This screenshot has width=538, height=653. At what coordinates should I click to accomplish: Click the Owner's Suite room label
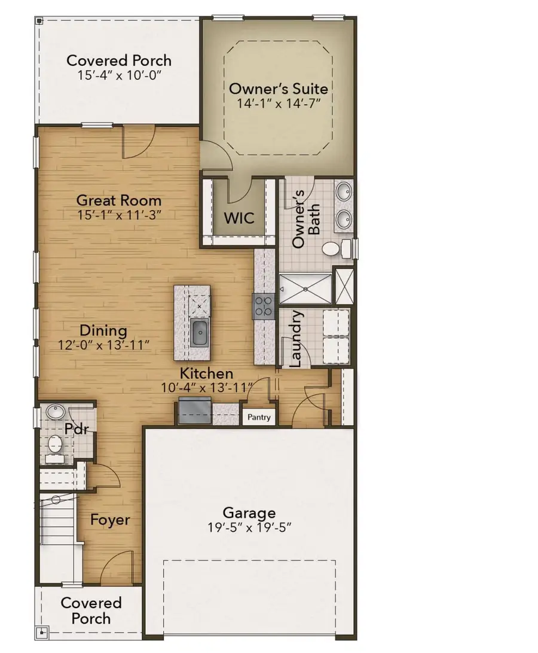[x=279, y=89]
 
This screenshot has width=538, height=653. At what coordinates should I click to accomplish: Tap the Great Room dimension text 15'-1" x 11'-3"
[x=119, y=215]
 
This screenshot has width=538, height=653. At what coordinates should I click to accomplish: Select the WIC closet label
[x=239, y=218]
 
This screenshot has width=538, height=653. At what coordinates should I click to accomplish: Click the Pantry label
[x=259, y=417]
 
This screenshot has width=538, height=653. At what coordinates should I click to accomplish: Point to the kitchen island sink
[x=200, y=332]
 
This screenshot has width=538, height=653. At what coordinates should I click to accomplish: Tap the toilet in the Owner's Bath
[x=335, y=249]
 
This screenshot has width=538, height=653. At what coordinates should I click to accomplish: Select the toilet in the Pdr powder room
[x=55, y=444]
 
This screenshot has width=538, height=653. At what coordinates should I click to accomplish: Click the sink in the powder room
[x=55, y=412]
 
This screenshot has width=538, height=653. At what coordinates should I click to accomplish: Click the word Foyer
[x=110, y=520]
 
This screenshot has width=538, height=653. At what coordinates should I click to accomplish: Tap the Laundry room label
[x=296, y=338]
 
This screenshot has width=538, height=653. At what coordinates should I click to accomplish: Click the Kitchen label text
[x=207, y=373]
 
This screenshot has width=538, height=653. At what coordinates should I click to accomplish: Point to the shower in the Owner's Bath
[x=305, y=289]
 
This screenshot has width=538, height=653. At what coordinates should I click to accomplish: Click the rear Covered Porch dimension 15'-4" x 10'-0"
[x=119, y=76]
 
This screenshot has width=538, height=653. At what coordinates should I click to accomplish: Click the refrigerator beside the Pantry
[x=192, y=412]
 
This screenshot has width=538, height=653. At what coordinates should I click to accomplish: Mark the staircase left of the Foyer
[x=59, y=527]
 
